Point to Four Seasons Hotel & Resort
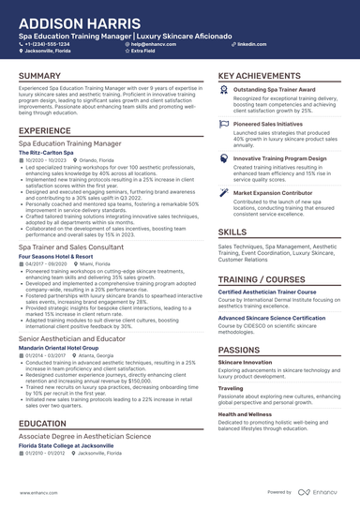click(55, 256)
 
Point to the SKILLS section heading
click(232, 231)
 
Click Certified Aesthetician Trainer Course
click(273, 292)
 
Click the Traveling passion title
click(230, 387)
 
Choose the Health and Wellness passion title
click(245, 413)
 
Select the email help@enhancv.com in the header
click(156, 44)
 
